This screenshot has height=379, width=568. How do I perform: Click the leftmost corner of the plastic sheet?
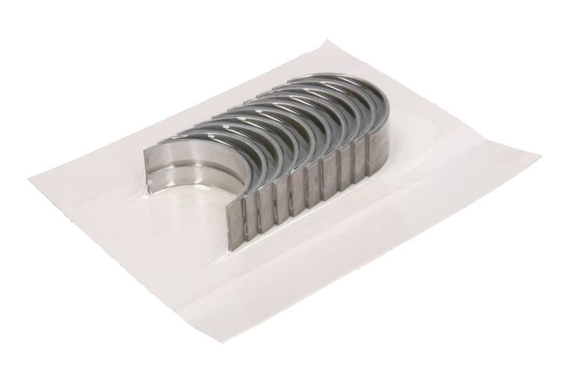30,178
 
